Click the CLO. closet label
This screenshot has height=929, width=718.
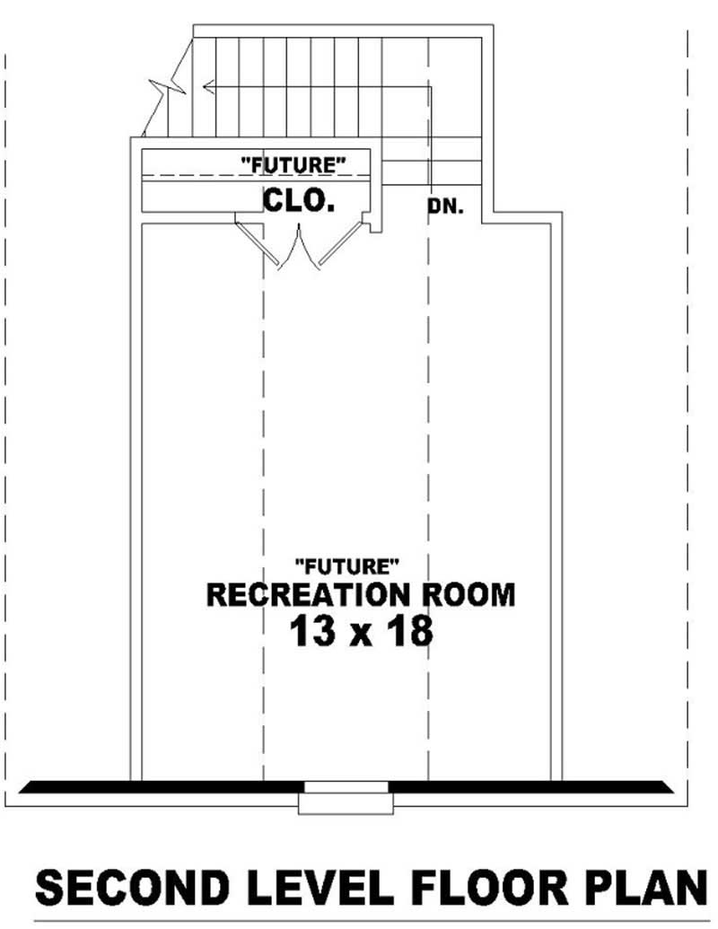(299, 201)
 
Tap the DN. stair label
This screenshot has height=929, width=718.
(445, 207)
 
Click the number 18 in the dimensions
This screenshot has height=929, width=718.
(409, 633)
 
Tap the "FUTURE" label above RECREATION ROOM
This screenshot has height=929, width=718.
(346, 565)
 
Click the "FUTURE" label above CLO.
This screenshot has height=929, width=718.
(293, 163)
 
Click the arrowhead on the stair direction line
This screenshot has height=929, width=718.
(208, 87)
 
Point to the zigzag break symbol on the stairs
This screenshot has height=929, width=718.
(171, 88)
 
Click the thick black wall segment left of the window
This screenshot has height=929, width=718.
(162, 787)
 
